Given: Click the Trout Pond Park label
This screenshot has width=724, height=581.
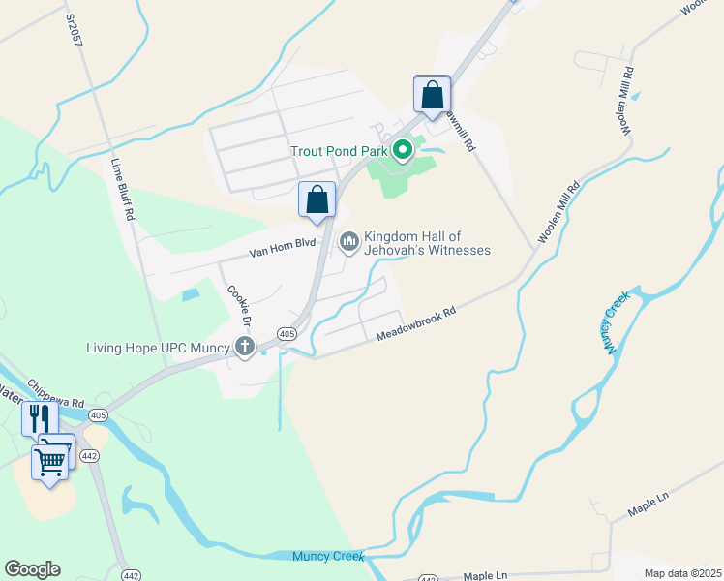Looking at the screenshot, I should [339, 151].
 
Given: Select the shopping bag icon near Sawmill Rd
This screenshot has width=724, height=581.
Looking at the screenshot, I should [432, 96].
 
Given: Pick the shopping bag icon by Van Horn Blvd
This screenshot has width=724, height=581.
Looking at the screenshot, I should [317, 200].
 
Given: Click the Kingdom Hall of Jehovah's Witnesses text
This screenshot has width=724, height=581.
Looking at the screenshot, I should [427, 243].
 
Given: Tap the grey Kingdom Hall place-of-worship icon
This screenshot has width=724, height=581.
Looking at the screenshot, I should [349, 239].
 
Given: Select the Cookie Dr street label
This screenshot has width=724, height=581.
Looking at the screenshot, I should [239, 305].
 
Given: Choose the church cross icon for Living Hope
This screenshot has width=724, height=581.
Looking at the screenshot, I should [245, 347].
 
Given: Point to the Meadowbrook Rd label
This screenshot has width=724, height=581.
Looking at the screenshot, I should [415, 326].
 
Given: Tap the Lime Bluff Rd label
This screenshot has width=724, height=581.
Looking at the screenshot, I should [121, 191].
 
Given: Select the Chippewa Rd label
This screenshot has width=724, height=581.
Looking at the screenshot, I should [56, 391].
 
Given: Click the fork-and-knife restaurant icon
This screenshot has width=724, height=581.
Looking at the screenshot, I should [40, 418].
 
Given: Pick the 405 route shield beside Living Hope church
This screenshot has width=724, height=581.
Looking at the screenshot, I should [287, 333].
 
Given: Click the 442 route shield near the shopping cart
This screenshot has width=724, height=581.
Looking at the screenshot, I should [89, 455].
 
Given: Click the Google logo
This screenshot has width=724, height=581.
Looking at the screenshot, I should [31, 569].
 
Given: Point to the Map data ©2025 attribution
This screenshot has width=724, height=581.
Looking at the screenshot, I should [683, 571].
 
